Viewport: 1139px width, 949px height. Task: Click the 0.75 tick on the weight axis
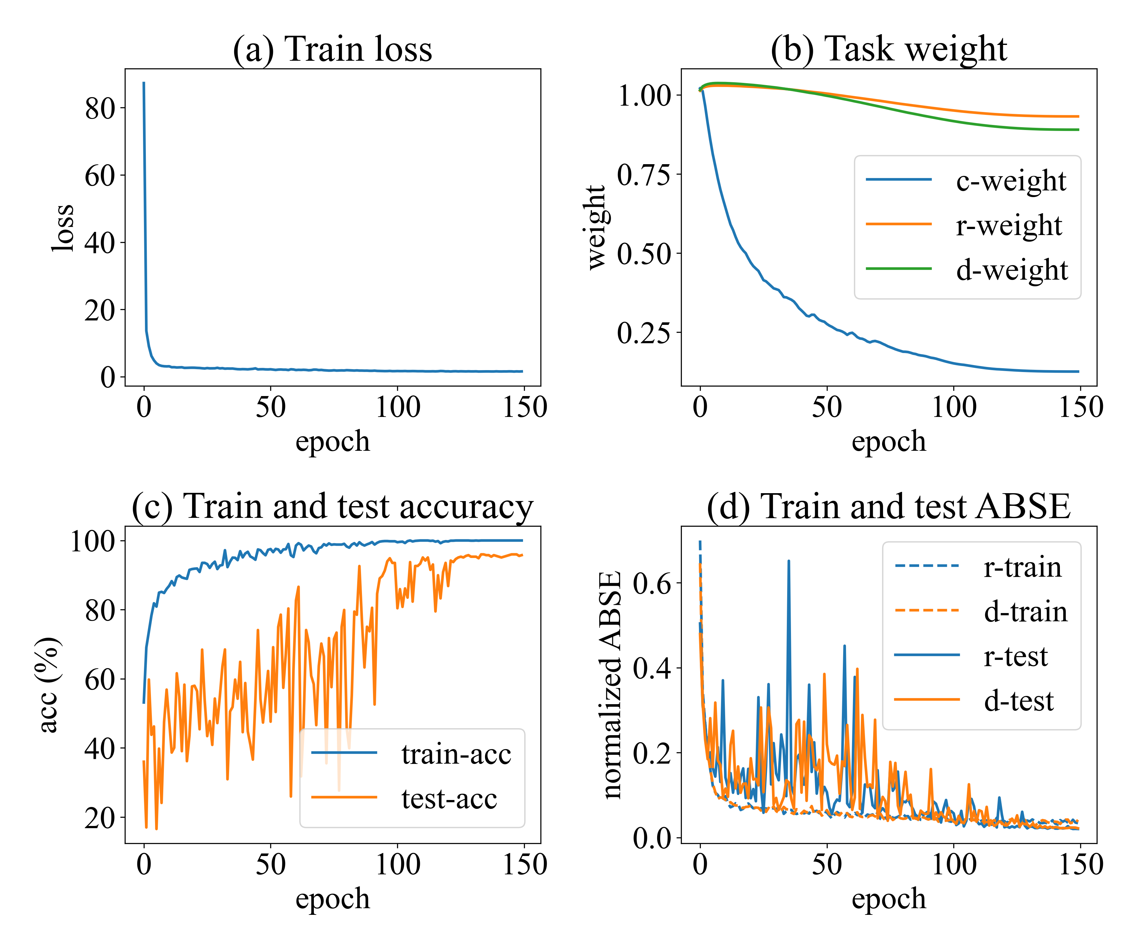point(644,174)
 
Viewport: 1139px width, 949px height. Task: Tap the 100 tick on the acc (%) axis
point(93,541)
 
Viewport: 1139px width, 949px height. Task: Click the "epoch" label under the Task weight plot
point(888,441)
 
